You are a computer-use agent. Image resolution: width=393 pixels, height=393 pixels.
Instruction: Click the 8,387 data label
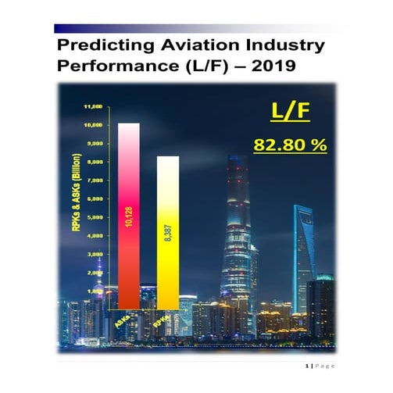point(168,238)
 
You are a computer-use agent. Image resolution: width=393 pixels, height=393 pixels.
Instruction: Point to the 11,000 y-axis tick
point(95,105)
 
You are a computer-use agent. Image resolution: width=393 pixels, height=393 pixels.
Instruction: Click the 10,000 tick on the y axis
point(95,125)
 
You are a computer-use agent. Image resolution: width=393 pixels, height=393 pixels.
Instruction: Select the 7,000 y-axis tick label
point(95,180)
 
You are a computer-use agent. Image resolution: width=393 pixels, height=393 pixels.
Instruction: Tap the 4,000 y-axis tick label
point(95,236)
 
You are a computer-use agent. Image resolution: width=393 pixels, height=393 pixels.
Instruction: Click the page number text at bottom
point(320,366)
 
